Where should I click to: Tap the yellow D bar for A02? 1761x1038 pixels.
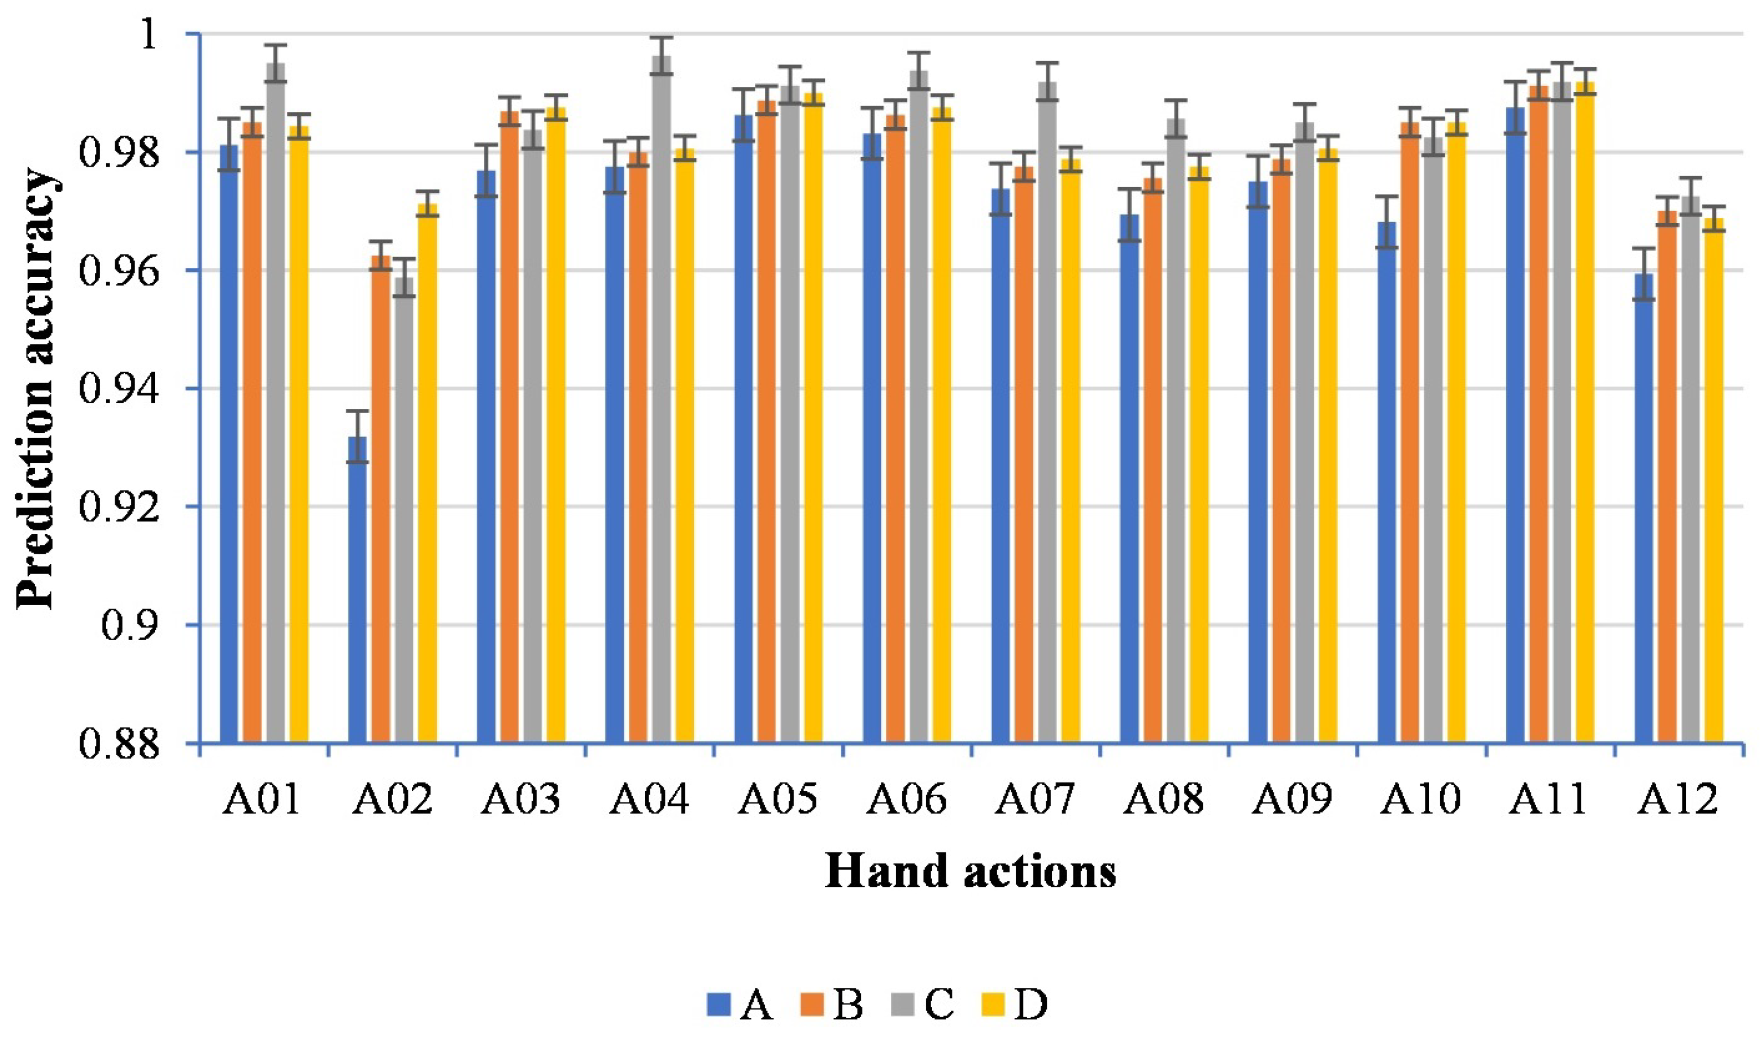tap(427, 476)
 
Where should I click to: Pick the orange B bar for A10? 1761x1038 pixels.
tap(1410, 433)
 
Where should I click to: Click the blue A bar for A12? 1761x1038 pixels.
tap(1643, 511)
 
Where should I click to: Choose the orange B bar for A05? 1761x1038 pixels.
tap(767, 420)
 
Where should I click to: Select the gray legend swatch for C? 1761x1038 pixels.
tap(902, 1006)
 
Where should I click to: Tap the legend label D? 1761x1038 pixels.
tap(1031, 1006)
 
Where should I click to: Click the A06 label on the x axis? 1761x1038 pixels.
tap(907, 800)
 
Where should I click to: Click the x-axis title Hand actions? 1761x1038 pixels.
tap(971, 873)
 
